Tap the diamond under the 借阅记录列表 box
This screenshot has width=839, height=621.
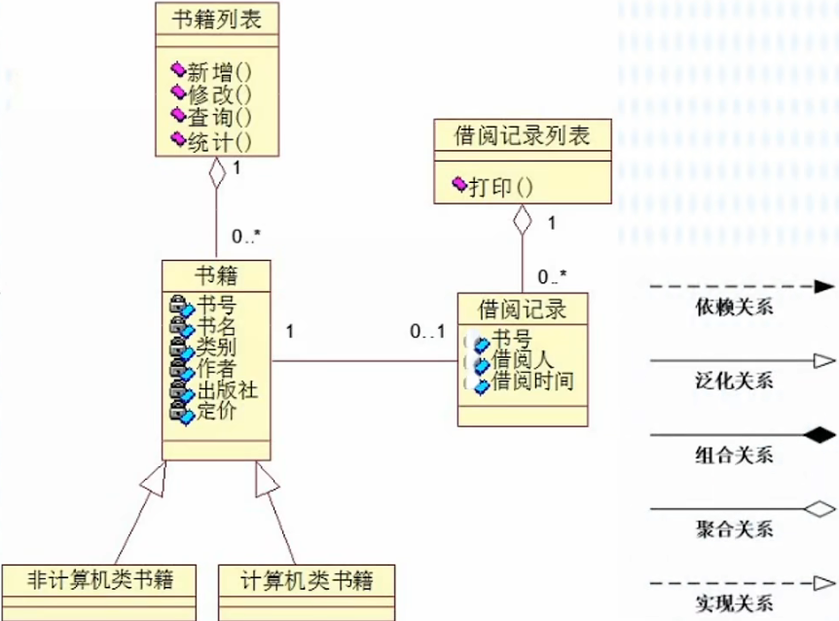[x=524, y=220]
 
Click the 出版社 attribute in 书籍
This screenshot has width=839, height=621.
[x=228, y=390]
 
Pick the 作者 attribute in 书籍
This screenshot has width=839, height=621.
[x=216, y=369]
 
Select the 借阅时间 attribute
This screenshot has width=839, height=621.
[x=531, y=381]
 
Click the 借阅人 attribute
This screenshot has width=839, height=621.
[x=522, y=360]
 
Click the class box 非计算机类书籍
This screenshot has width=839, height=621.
[x=101, y=582]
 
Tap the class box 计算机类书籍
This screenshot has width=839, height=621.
[x=307, y=582]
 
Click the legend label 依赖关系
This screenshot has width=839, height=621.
[x=734, y=309]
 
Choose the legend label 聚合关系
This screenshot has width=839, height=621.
[x=734, y=529]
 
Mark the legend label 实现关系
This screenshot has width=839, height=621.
[x=734, y=603]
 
